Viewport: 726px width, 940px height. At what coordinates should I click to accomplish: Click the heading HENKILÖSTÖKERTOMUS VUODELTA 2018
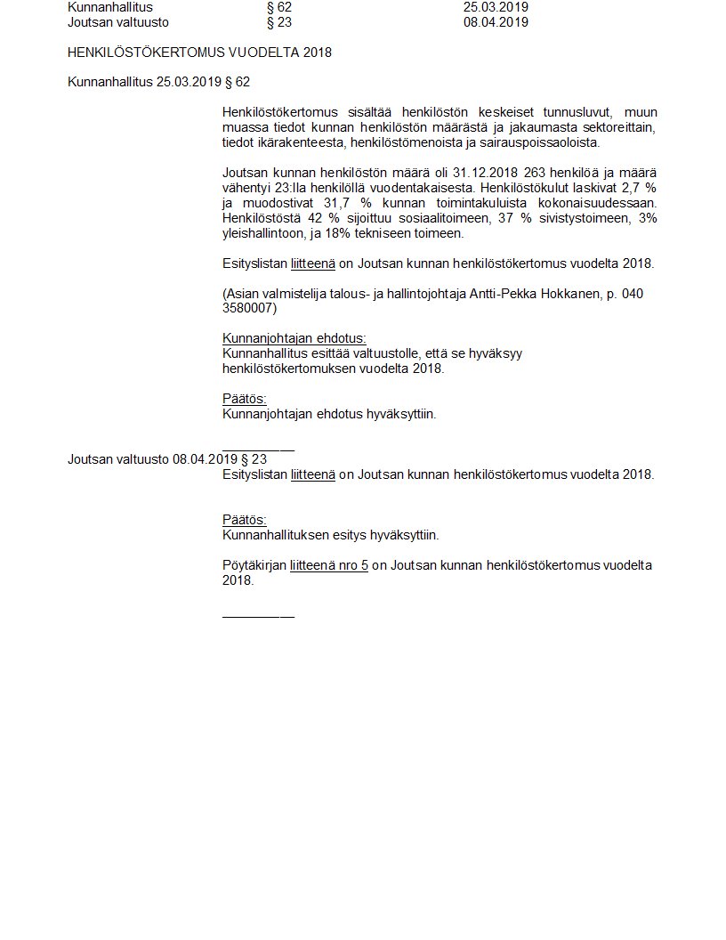coord(199,53)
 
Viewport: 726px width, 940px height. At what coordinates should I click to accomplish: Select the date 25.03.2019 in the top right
coord(496,7)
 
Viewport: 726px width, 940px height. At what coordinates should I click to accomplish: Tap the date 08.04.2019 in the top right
coord(496,22)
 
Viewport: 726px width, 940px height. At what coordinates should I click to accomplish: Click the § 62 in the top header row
coord(278,7)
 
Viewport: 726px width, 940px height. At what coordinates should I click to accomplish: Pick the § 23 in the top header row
coord(278,22)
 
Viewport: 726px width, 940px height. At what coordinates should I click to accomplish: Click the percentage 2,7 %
coord(641,188)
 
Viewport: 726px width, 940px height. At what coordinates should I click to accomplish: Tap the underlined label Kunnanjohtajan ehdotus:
coord(294,338)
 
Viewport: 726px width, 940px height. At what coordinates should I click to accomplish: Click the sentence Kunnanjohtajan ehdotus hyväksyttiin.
coord(329,414)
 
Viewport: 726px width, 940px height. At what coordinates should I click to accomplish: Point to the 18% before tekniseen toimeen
coord(349,233)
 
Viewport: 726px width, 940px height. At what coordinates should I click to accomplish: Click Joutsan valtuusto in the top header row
coord(118,22)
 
